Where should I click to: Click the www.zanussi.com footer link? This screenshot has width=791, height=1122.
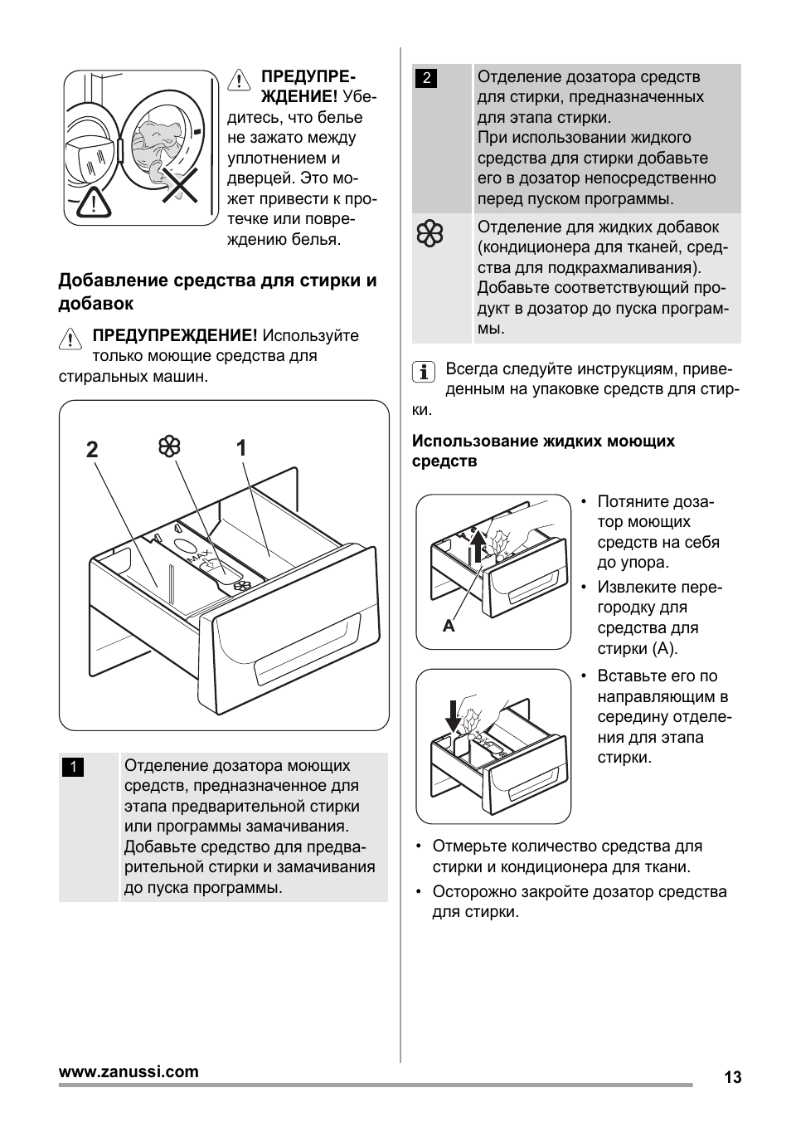pyautogui.click(x=129, y=1071)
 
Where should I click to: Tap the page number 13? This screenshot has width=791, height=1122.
pyautogui.click(x=732, y=1077)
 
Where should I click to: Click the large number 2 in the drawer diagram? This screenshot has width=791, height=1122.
pyautogui.click(x=91, y=450)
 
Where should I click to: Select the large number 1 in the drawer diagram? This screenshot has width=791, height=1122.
pyautogui.click(x=241, y=448)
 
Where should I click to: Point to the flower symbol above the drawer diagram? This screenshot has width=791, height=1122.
pyautogui.click(x=169, y=446)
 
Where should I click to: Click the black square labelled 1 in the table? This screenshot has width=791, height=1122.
pyautogui.click(x=72, y=767)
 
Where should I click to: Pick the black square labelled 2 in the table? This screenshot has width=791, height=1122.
pyautogui.click(x=426, y=78)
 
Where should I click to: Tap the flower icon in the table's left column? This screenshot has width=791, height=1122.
pyautogui.click(x=429, y=235)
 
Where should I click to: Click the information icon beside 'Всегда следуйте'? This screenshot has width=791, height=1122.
pyautogui.click(x=424, y=372)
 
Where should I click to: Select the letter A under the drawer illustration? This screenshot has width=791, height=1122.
pyautogui.click(x=449, y=627)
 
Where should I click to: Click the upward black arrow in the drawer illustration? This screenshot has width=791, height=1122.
pyautogui.click(x=478, y=547)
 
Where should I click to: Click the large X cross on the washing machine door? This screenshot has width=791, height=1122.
pyautogui.click(x=180, y=183)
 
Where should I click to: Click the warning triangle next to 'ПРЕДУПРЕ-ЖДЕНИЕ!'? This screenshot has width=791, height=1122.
pyautogui.click(x=239, y=80)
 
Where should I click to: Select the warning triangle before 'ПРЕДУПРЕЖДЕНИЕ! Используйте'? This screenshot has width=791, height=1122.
pyautogui.click(x=70, y=339)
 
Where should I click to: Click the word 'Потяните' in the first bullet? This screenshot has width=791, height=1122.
pyautogui.click(x=633, y=502)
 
